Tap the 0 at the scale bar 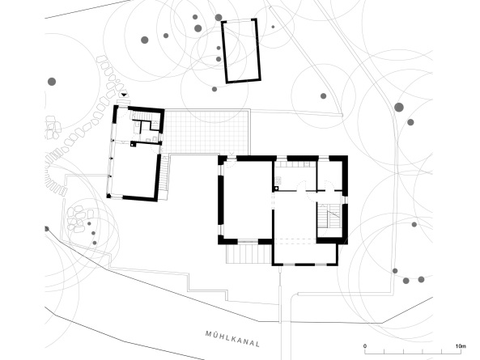point(365,346)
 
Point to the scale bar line point(413,352)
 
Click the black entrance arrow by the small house point(123,95)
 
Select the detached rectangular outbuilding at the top point(241,51)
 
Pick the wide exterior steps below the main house point(244,253)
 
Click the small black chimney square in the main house point(276,188)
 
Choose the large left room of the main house point(247,198)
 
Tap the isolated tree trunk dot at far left point(51,81)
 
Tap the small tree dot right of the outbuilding point(273,28)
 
